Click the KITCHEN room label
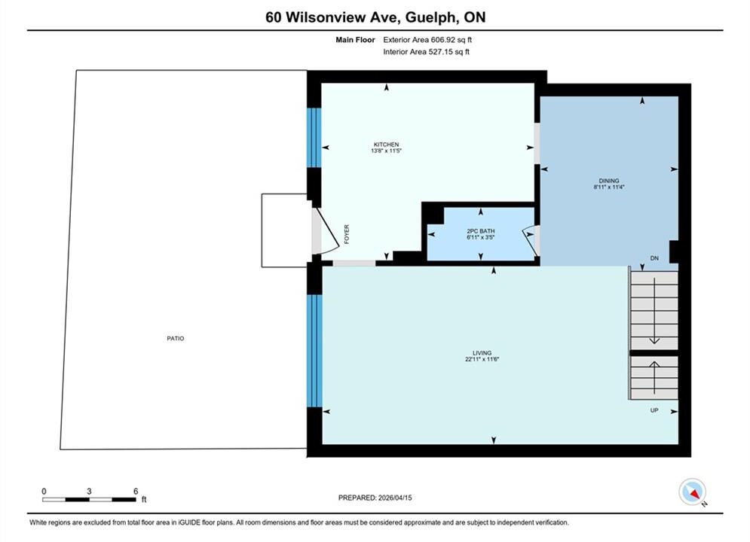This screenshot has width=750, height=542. pyautogui.click(x=386, y=145)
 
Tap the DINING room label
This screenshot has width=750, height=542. pyautogui.click(x=609, y=181)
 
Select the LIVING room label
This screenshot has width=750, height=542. pyautogui.click(x=482, y=353)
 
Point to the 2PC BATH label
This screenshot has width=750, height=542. pyautogui.click(x=481, y=231)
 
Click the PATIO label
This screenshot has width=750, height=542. pyautogui.click(x=176, y=338)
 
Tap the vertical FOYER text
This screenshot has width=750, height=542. pyautogui.click(x=347, y=234)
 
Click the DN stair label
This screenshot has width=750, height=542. pyautogui.click(x=654, y=258)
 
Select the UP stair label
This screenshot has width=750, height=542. pyautogui.click(x=654, y=410)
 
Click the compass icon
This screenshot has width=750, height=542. pyautogui.click(x=692, y=492)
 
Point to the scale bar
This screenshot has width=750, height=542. pyautogui.click(x=89, y=500)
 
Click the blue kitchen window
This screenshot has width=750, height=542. pyautogui.click(x=314, y=138)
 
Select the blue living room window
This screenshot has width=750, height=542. pyautogui.click(x=314, y=351)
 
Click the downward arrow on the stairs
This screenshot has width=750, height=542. pyautogui.click(x=654, y=310)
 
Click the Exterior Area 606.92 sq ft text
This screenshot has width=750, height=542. pyautogui.click(x=427, y=40)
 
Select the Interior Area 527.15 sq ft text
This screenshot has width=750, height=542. pyautogui.click(x=426, y=52)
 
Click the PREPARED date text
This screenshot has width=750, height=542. pyautogui.click(x=375, y=498)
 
